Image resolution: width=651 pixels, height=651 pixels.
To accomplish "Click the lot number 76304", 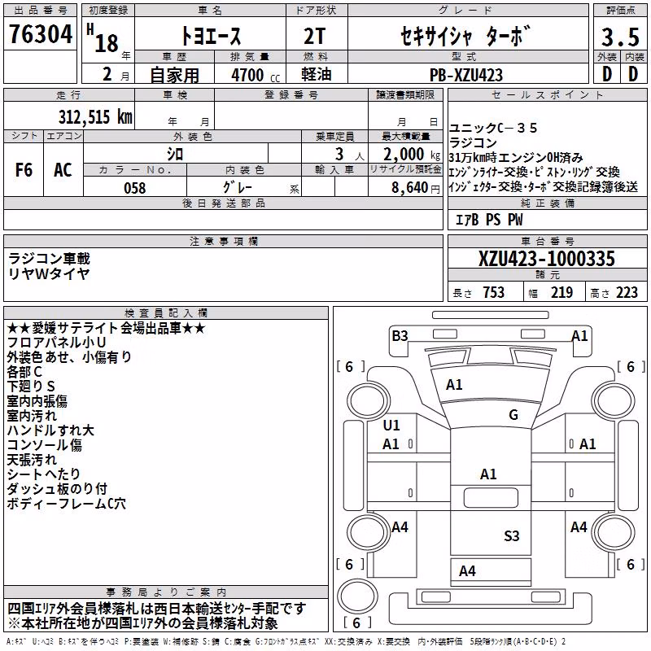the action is tap(41, 34).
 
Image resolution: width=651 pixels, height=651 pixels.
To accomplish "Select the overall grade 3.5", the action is tap(620, 37).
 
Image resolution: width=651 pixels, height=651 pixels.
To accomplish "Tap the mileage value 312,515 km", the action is tap(95, 117).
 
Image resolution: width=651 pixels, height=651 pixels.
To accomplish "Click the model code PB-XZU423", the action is tap(465, 75).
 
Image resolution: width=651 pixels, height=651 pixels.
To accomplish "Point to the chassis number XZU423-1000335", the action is tap(546, 259).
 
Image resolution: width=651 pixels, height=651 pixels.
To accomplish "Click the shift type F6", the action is tap(24, 170).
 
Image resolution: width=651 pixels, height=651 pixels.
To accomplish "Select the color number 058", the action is tap(135, 188).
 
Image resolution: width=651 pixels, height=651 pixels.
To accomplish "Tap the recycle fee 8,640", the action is tap(410, 188).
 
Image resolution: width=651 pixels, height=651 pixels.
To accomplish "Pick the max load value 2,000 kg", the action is tap(412, 155).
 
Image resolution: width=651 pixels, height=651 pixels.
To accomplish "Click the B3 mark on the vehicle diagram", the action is tap(400, 335).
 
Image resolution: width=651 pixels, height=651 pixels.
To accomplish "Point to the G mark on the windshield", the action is tap(513, 414).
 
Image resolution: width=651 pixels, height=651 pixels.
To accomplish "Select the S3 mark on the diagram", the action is tap(512, 536).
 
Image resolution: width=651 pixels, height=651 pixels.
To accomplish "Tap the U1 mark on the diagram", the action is tap(391, 425).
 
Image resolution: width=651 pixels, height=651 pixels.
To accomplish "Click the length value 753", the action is tap(494, 293).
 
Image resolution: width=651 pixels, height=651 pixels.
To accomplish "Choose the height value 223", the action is tap(627, 293).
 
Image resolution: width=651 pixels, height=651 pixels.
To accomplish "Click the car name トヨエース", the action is tap(211, 37).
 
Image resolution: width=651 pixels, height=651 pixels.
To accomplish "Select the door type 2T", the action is tap(314, 37).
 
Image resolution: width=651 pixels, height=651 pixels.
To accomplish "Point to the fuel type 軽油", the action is tap(317, 74).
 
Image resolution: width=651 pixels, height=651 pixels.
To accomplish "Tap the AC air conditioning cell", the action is tap(63, 170).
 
